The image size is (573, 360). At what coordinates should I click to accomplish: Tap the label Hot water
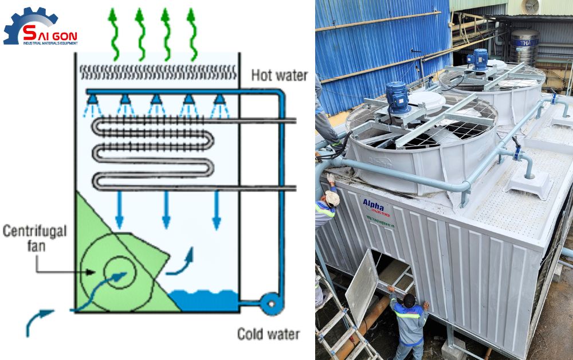[x=279, y=75]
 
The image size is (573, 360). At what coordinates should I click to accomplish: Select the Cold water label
[x=268, y=334]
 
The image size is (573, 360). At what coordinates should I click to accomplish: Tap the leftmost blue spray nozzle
[x=92, y=102]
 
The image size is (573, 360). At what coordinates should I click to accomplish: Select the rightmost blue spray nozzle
[x=218, y=102]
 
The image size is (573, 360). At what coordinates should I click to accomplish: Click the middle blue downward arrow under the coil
[x=166, y=209]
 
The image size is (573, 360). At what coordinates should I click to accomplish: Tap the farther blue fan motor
[x=477, y=59]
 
